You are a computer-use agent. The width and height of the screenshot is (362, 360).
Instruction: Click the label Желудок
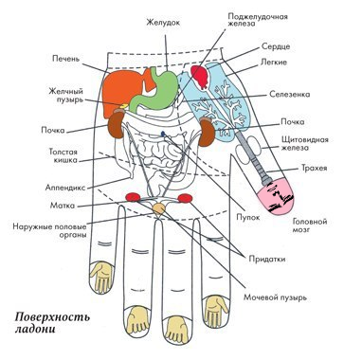[x=163, y=23]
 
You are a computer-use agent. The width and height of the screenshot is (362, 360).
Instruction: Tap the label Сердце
[x=276, y=46]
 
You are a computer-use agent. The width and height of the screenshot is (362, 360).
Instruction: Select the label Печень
[x=66, y=59]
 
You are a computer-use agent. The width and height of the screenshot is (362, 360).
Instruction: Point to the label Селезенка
[x=290, y=95]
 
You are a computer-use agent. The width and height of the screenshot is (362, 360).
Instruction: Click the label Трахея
[x=315, y=168]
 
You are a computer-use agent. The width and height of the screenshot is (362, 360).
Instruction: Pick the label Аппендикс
[x=65, y=188]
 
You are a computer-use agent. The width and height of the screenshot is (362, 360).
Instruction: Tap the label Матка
[x=63, y=206]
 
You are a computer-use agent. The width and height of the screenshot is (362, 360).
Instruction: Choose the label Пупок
[x=248, y=217]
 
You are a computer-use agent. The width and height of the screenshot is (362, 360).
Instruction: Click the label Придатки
[x=267, y=259]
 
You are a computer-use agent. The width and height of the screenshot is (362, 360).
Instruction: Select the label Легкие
[x=274, y=63]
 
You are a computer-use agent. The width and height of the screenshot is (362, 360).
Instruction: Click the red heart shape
[x=200, y=77]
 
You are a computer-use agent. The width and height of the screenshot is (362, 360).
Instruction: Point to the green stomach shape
[x=156, y=91]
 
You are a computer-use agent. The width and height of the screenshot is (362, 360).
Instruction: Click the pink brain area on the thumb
[x=277, y=197]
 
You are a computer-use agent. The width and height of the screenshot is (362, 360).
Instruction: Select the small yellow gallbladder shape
[x=123, y=106]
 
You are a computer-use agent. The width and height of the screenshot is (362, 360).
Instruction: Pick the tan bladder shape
[x=159, y=208]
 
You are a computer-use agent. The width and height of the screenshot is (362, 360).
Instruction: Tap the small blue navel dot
[x=163, y=134]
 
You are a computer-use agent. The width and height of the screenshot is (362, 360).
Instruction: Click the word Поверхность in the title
[x=52, y=316]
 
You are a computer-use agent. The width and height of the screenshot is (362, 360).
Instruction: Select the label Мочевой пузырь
[x=275, y=297]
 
